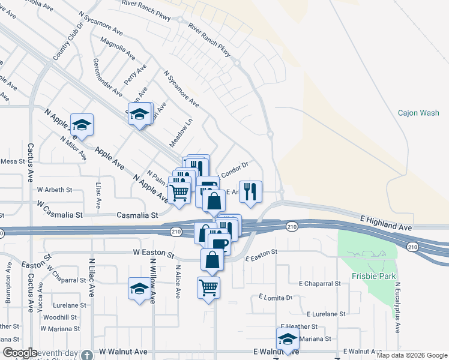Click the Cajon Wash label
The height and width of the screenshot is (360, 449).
(x=418, y=113)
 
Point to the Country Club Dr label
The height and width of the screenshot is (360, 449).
(x=67, y=41)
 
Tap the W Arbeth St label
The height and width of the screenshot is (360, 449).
(x=54, y=190)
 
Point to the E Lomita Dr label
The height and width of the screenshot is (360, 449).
(x=276, y=297)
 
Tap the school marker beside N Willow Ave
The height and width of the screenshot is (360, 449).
(x=139, y=289)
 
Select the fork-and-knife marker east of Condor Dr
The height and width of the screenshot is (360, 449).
(x=251, y=191)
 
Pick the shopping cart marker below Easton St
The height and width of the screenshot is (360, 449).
(x=208, y=287)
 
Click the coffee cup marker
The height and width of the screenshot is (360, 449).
(x=218, y=243)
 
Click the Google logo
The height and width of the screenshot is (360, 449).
(x=20, y=353)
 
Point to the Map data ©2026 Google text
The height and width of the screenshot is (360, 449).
(x=411, y=355)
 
